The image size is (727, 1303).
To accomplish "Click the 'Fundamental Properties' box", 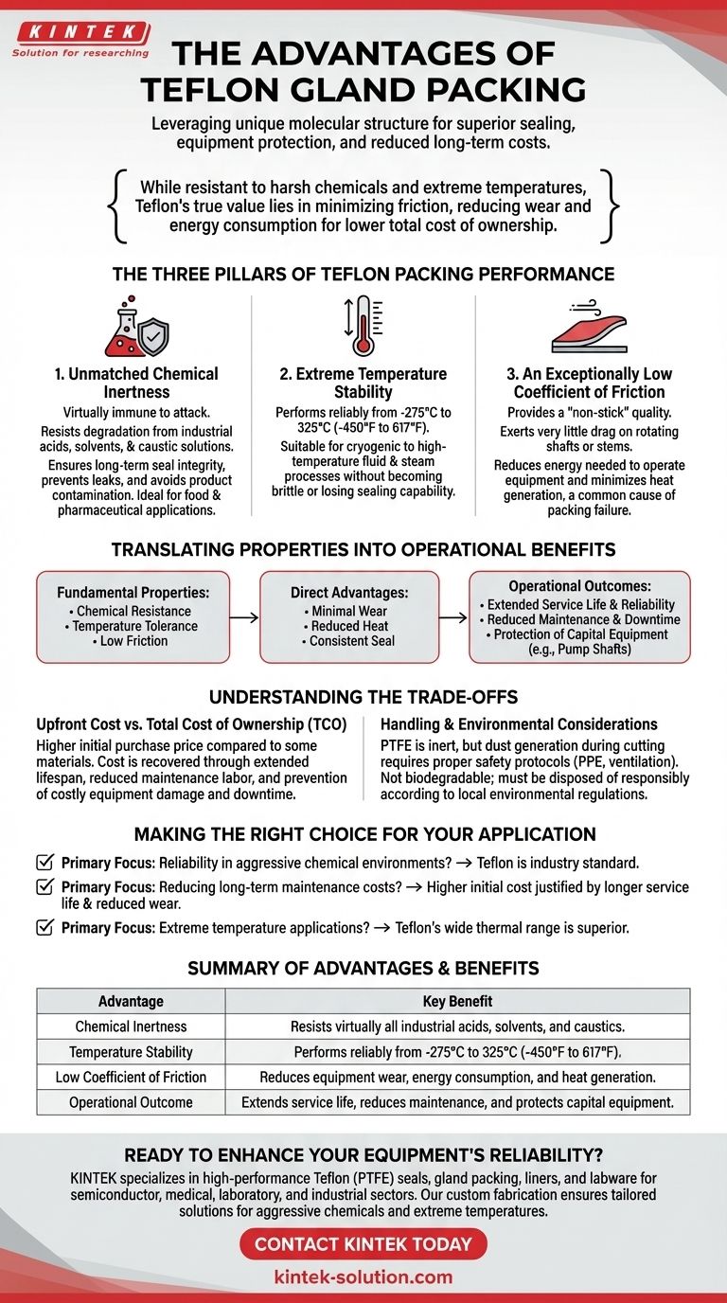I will (133, 616).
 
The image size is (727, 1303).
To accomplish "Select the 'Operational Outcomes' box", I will (579, 616).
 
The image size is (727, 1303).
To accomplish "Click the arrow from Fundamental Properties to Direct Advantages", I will (244, 617).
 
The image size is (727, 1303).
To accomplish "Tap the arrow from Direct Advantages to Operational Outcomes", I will (454, 617).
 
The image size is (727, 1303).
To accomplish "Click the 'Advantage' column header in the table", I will (131, 1001).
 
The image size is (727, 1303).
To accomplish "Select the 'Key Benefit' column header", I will (457, 1001).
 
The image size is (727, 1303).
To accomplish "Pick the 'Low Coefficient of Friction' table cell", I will (131, 1077).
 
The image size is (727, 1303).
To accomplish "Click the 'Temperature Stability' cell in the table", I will (131, 1051).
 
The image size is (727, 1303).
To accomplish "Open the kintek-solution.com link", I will (363, 1276).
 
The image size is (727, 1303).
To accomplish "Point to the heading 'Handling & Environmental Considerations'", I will (519, 724).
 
